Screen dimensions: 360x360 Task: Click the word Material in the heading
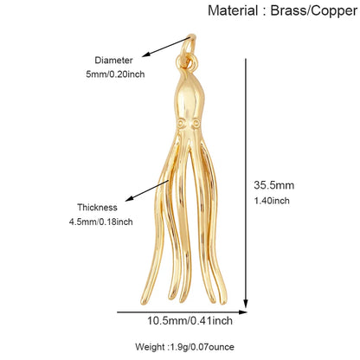point(233,10)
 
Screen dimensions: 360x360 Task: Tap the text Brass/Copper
point(314,11)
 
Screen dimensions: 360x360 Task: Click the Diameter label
point(113,61)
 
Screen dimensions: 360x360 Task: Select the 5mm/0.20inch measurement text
point(115,74)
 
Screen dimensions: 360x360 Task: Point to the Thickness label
point(97,208)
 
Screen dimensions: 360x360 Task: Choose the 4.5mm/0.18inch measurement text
point(101,222)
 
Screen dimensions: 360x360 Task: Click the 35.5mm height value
point(274,185)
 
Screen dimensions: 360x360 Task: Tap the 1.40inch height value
point(272,201)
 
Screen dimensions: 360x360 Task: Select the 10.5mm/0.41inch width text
point(190,321)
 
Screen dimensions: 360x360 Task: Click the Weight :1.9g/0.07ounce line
point(184,347)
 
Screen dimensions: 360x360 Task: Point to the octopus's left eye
point(181,124)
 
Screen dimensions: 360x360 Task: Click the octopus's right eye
point(196,124)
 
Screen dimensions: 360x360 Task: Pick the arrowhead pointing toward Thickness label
point(130,198)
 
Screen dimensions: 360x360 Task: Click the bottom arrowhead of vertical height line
point(246,304)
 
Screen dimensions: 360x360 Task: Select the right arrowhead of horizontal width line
point(243,312)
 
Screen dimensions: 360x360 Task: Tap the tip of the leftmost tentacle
point(144,302)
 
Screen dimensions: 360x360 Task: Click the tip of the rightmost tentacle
point(223,301)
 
